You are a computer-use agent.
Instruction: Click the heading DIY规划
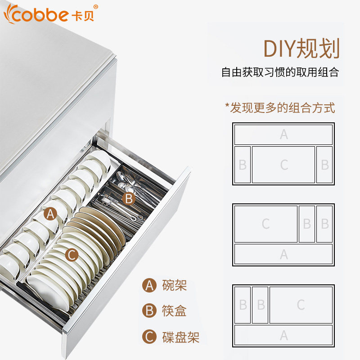point(301,49)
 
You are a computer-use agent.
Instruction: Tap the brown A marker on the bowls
point(51,214)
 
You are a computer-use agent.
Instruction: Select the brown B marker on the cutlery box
point(129,198)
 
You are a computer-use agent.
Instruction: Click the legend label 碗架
point(174,285)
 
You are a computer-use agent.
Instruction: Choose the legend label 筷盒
point(174,311)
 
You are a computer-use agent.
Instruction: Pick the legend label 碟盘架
point(180,337)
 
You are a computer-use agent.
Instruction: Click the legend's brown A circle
point(149,285)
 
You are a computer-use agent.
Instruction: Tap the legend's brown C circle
point(149,337)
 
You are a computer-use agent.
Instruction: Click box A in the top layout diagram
point(283,135)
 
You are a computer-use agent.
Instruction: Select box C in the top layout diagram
point(283,165)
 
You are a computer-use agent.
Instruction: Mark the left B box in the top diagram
point(243,165)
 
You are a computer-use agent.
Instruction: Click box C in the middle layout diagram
point(265,224)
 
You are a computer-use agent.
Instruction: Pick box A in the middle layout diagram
point(283,254)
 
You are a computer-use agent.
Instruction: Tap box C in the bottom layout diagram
point(301,305)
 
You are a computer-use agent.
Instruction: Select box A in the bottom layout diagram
point(283,335)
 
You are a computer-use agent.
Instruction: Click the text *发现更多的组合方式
point(280,108)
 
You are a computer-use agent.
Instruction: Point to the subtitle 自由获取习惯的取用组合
point(280,72)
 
